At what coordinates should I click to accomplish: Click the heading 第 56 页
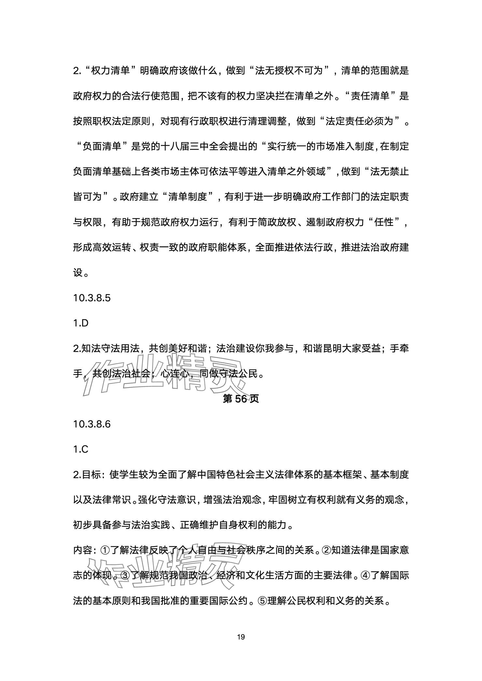click(x=241, y=399)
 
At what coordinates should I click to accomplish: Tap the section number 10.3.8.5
click(x=92, y=298)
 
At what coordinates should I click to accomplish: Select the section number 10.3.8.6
click(x=92, y=424)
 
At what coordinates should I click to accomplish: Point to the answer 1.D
click(x=81, y=323)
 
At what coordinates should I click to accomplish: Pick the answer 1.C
click(x=81, y=450)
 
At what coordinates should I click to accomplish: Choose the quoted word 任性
click(x=385, y=223)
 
